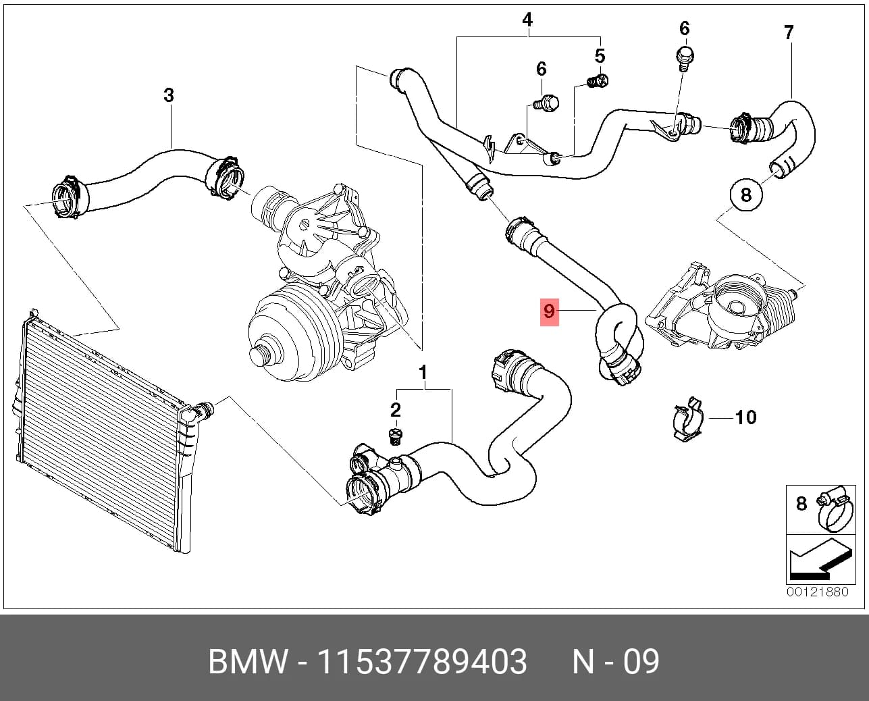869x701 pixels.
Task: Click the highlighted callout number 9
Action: (549, 311)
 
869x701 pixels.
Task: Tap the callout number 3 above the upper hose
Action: (169, 95)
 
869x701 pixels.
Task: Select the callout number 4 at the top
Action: (527, 20)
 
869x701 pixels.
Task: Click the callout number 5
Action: (600, 56)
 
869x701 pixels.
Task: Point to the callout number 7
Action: (789, 32)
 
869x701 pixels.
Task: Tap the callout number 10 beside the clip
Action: (746, 417)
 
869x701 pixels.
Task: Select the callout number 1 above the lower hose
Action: (423, 373)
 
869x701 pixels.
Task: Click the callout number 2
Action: (395, 410)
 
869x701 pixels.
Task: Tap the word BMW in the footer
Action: (248, 662)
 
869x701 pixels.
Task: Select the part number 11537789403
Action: (421, 662)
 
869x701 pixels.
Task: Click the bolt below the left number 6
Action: (545, 101)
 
